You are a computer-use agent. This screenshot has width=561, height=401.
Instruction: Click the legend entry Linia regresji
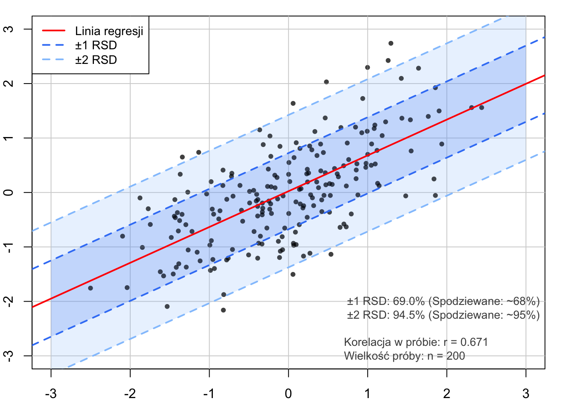click(109, 31)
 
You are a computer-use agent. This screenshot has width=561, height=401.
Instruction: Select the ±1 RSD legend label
click(96, 46)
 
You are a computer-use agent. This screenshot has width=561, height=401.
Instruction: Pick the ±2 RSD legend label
click(96, 60)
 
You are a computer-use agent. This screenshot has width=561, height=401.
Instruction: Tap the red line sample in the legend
click(54, 31)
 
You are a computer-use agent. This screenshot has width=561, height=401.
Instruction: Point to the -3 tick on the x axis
click(51, 393)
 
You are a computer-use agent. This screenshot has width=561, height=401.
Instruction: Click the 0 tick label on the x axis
click(288, 393)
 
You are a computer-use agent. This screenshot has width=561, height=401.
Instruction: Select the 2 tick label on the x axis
click(447, 393)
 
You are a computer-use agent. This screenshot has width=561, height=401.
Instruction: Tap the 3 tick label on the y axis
click(9, 29)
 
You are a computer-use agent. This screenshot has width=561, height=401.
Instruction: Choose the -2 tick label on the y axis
click(9, 301)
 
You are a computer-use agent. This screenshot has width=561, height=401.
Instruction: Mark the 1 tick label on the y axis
click(9, 138)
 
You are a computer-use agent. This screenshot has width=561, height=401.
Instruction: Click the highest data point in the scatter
click(391, 43)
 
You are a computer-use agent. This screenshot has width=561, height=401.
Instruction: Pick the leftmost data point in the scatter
click(91, 288)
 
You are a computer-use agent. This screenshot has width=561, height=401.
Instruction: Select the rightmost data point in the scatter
click(481, 108)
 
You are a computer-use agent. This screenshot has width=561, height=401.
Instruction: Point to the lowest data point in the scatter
click(223, 310)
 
